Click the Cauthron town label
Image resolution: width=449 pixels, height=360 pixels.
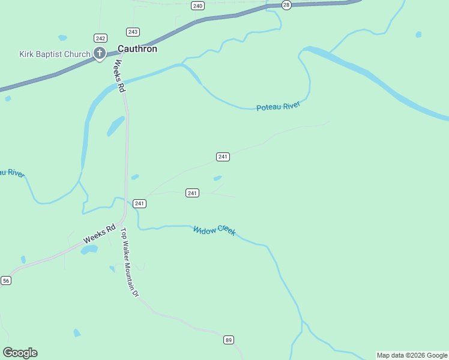click(137, 49)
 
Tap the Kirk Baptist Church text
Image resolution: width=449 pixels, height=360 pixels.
click(55, 54)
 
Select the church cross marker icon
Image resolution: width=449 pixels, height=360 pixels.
click(100, 54)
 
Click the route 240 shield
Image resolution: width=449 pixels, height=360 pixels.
click(198, 5)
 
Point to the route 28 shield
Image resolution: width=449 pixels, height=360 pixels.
click(286, 5)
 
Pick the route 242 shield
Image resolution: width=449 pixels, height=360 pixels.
click(100, 37)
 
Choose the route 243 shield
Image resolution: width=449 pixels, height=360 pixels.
click(133, 32)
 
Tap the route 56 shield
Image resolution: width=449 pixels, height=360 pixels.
click(6, 280)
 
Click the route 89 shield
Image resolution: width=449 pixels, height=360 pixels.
click(228, 340)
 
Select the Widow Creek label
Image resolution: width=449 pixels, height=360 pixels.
click(215, 230)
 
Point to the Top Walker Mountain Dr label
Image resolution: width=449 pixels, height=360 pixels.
click(130, 262)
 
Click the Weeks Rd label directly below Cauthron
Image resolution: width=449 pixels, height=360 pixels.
click(118, 75)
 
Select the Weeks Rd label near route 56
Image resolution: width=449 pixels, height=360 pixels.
click(98, 233)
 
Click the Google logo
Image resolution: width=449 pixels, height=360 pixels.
click(20, 353)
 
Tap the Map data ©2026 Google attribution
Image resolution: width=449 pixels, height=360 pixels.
click(412, 355)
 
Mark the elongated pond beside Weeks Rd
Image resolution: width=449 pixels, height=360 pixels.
click(115, 125)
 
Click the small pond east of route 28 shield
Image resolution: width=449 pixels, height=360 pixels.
click(418, 34)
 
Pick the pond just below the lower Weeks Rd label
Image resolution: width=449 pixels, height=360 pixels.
click(89, 250)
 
